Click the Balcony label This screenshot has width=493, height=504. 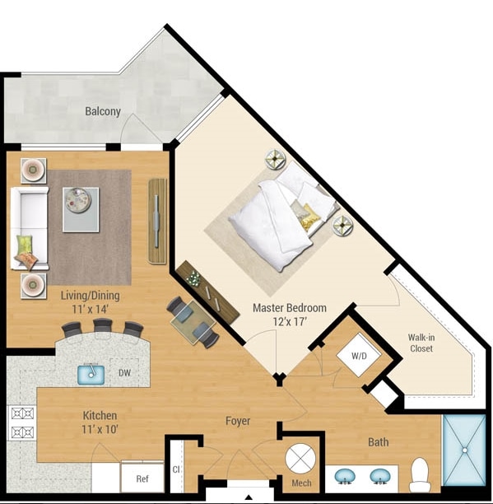coord(103,111)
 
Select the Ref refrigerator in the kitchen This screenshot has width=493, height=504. coord(142,477)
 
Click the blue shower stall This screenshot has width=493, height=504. coord(465,450)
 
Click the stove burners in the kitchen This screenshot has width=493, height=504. coord(21,422)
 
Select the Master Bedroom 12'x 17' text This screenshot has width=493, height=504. coord(289,315)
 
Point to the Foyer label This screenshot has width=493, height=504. coord(238,422)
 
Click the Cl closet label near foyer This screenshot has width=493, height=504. coord(176,472)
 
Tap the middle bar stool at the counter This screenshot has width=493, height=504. coord(103,328)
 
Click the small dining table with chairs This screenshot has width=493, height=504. coord(194,321)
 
